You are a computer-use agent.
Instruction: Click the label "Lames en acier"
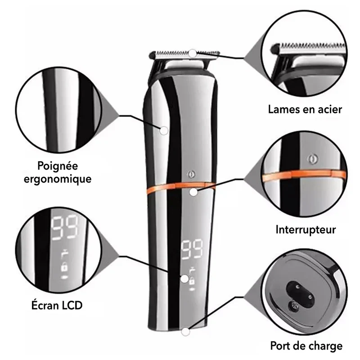click(x=305, y=109)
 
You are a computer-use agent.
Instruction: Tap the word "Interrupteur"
click(x=306, y=229)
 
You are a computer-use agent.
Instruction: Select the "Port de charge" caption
click(x=306, y=346)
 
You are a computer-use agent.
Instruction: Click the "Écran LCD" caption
click(x=57, y=305)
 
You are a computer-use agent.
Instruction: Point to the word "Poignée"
click(x=58, y=166)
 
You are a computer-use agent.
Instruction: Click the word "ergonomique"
click(x=58, y=179)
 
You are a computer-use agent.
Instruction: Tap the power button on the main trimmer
click(x=191, y=175)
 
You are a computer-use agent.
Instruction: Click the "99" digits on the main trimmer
click(x=192, y=250)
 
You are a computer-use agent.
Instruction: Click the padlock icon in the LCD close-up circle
click(x=64, y=267)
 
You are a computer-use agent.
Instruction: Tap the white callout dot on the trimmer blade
click(x=193, y=54)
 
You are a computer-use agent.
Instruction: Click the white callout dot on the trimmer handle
click(x=164, y=130)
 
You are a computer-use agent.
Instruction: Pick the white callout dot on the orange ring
click(x=193, y=192)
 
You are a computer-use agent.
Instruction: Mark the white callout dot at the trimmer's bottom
click(x=185, y=332)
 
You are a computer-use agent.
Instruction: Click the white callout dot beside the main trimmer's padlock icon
click(x=184, y=279)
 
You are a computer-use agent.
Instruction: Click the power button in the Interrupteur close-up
click(x=312, y=159)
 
